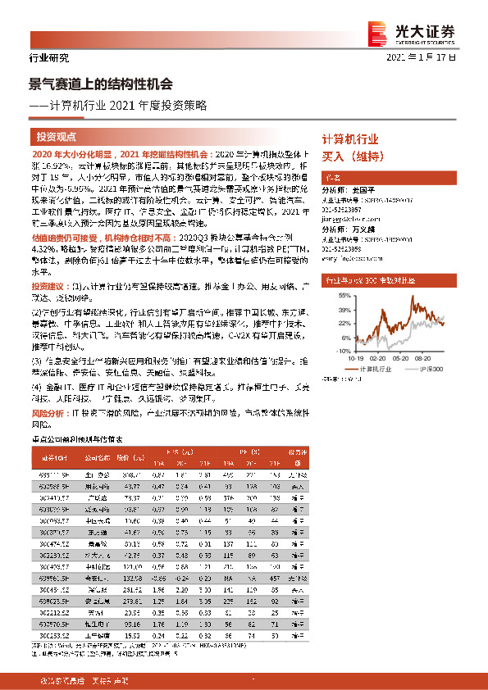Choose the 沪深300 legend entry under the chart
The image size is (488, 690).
(441, 370)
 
